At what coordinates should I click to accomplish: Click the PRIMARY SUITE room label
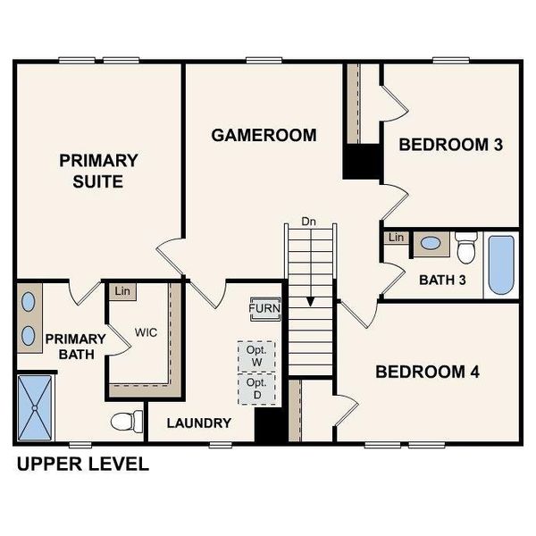click(x=98, y=171)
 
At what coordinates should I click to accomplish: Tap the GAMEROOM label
click(x=264, y=136)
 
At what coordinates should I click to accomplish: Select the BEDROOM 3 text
click(x=449, y=145)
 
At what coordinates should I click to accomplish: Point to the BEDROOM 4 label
click(x=427, y=372)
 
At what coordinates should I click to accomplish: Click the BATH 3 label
click(x=443, y=280)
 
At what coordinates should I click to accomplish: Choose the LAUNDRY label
click(x=198, y=423)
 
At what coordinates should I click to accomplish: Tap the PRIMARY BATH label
click(x=75, y=347)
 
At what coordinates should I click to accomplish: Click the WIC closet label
click(x=147, y=331)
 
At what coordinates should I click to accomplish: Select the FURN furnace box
click(x=264, y=309)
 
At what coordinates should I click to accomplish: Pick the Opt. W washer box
click(x=256, y=355)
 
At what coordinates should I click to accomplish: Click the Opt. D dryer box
click(x=256, y=388)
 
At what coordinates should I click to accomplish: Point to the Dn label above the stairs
click(x=309, y=221)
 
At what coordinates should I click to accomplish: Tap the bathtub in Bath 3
click(x=501, y=264)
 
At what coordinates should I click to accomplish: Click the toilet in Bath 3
click(x=466, y=247)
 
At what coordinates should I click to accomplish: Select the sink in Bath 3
click(x=431, y=242)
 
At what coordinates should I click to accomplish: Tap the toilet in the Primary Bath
click(x=127, y=420)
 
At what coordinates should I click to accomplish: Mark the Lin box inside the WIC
click(x=120, y=290)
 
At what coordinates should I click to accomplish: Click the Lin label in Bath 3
click(x=397, y=238)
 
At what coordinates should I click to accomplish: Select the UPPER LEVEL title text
click(x=82, y=465)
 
